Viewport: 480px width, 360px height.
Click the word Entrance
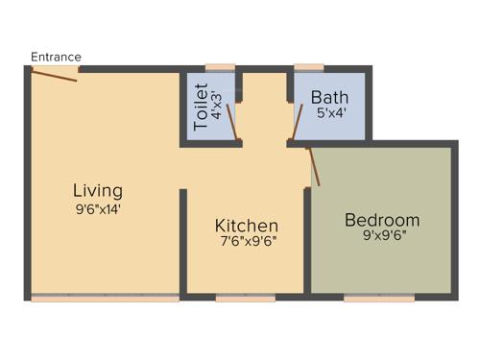[x=56, y=57]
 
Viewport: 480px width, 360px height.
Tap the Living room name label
[x=99, y=189]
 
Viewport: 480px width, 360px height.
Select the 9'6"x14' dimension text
[x=99, y=206]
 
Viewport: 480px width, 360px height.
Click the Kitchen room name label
[x=247, y=226]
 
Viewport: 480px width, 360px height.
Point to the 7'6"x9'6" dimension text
[x=248, y=242]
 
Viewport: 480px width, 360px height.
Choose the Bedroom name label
[x=382, y=220]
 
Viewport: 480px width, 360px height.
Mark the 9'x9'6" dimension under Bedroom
[x=383, y=236]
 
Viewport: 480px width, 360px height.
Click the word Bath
[x=330, y=97]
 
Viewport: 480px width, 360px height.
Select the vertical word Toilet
[x=201, y=108]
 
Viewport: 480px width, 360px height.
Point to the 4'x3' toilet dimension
[x=217, y=104]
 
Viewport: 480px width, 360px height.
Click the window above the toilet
[x=220, y=67]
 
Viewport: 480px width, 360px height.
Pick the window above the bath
[x=308, y=67]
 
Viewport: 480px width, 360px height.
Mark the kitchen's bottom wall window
[x=245, y=298]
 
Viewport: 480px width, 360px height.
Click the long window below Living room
[x=105, y=298]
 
